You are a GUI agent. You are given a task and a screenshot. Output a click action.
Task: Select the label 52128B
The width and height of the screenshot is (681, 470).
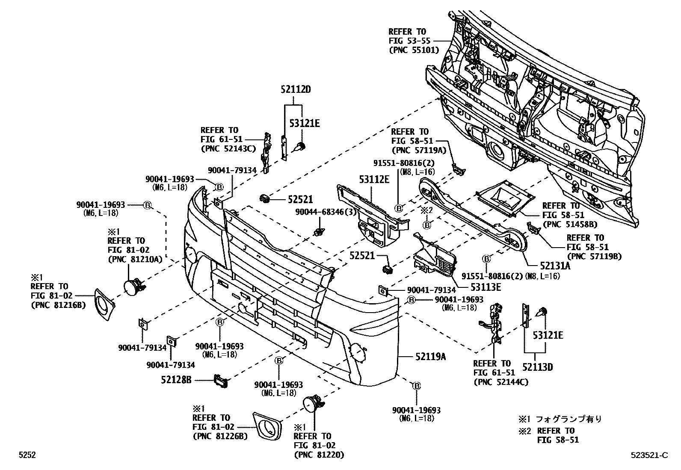[x=176, y=379]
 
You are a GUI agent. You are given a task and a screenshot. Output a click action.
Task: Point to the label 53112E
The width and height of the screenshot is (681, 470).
[x=373, y=180]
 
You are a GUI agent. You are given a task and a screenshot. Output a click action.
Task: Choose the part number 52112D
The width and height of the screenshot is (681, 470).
[x=295, y=90]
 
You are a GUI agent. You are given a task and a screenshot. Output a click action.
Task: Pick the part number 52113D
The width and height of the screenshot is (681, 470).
[x=537, y=367]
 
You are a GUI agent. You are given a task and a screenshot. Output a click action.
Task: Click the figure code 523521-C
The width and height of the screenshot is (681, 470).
[x=648, y=455]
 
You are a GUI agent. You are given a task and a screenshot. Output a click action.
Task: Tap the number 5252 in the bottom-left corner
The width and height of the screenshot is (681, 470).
[x=27, y=455]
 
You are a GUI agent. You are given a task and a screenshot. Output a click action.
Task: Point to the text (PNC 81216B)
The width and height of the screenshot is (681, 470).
[x=58, y=305]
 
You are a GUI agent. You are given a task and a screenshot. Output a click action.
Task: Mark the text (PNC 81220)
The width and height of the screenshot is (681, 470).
[x=319, y=455]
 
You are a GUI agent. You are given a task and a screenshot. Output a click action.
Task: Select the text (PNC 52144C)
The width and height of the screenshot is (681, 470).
[x=500, y=382]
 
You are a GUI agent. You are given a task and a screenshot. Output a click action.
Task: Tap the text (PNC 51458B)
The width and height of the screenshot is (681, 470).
[x=570, y=224]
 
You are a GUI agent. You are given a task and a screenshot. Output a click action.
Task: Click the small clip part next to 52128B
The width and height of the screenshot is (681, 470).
[x=221, y=380]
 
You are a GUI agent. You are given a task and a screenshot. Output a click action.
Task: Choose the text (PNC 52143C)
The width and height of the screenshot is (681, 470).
[x=228, y=148]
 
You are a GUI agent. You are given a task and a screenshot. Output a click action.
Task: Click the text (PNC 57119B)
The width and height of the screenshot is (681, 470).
[x=594, y=256]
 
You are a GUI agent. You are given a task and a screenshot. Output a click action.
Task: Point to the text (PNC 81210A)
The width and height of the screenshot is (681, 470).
[x=135, y=259]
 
